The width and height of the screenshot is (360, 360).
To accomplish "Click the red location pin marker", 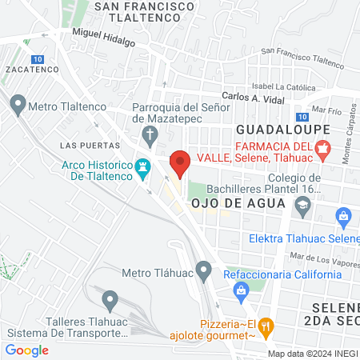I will coord(180,162).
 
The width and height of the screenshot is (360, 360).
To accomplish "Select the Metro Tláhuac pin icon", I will coord(204,273).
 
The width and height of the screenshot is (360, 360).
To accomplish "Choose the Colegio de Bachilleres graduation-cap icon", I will coord(302,207).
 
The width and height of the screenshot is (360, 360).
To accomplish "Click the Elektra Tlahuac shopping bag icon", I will coord(345,215).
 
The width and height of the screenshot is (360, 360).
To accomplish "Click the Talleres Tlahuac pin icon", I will coord(110,300).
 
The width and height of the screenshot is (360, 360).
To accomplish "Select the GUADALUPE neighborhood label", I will coord(274,128).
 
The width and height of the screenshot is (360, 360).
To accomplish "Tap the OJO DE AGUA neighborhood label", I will coord(238,202).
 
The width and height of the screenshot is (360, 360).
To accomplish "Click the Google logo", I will coord(26,350).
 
